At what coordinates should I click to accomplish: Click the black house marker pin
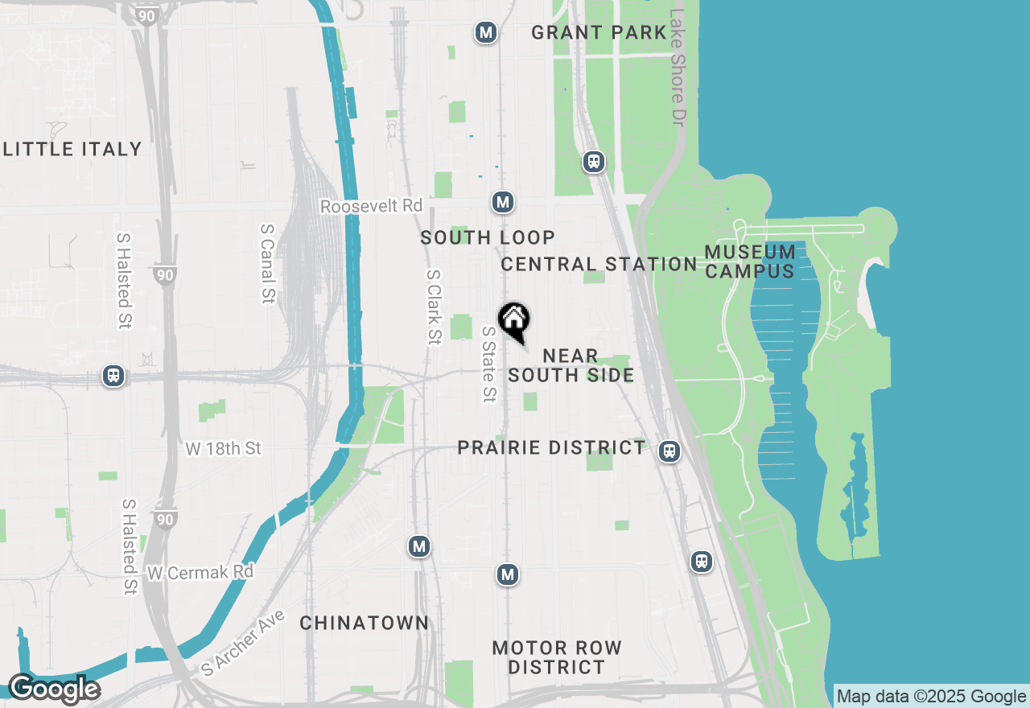(514, 321)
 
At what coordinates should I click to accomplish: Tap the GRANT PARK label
(599, 33)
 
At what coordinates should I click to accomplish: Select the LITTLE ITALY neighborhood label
(72, 149)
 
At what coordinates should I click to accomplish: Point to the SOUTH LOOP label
(488, 237)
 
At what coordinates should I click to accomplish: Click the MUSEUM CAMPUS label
(750, 261)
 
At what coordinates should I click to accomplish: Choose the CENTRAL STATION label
(599, 264)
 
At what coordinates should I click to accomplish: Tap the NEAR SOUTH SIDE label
(571, 365)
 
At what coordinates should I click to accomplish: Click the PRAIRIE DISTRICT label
(551, 447)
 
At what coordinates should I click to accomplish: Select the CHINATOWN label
(365, 623)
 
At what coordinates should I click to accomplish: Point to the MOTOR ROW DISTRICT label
(557, 657)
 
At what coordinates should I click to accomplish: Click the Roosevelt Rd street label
(371, 207)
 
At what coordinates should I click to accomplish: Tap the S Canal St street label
(267, 263)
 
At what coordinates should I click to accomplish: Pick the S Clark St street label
(434, 307)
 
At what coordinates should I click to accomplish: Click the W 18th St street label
(224, 448)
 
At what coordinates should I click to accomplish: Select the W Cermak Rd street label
(200, 572)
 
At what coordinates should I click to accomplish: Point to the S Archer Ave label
(243, 642)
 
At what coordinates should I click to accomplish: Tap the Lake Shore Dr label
(678, 66)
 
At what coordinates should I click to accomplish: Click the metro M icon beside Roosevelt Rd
(504, 202)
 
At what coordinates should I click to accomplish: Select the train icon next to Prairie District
(669, 451)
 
